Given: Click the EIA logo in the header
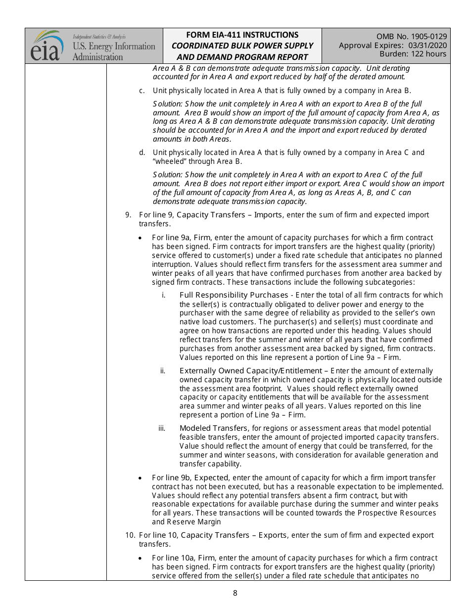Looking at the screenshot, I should coord(47,46).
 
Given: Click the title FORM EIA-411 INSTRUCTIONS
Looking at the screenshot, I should coord(242,35).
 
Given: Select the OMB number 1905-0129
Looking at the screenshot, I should coord(423,36).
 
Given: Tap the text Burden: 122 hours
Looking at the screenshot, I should coord(413,54).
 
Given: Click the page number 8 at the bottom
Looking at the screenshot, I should coord(235,593).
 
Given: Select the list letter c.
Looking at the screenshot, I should coord(141,91).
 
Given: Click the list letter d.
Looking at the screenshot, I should coord(141,152).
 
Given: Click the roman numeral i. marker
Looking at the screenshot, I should coord(164,295).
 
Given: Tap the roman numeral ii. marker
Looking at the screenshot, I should coord(163,371).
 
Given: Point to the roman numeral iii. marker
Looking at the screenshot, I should coord(162,428).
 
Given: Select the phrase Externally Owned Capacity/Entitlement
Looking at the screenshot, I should coord(251,371).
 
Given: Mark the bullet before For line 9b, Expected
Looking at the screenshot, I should coord(141,478).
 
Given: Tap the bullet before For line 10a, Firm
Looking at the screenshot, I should coord(141,558).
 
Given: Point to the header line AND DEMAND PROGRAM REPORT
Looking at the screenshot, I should coord(242,57).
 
